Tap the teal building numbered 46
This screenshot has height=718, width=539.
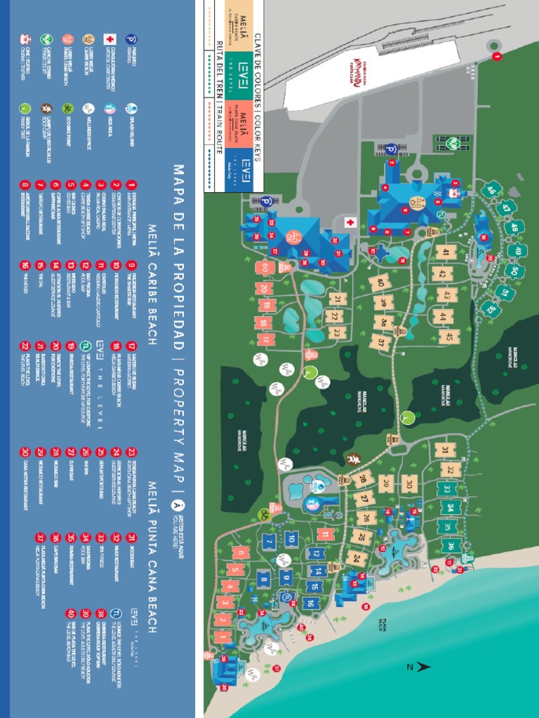491,190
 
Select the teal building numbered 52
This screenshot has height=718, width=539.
491,309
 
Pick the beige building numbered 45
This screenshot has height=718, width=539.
446,337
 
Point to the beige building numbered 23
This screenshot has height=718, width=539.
338,332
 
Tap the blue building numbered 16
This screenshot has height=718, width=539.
309,602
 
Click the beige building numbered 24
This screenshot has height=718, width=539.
357,559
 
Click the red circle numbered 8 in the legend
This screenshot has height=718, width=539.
25,185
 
